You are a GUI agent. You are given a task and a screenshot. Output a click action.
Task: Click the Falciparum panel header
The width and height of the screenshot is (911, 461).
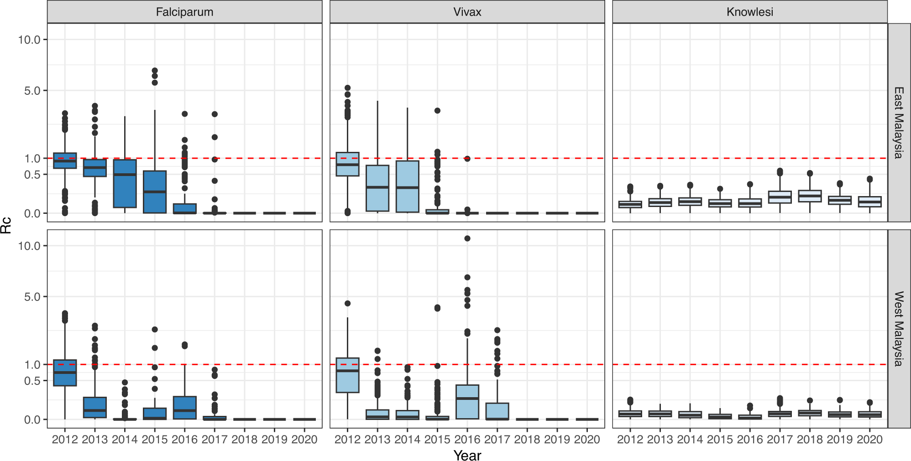[184, 12]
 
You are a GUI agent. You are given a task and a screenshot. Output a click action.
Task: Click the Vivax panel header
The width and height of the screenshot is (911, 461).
[467, 12]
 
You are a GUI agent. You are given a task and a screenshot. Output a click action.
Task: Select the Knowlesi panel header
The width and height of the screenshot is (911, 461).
[749, 12]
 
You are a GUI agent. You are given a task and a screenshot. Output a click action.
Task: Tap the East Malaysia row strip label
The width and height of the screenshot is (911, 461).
[899, 122]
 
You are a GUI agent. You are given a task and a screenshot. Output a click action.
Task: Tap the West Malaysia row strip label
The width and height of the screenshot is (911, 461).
[899, 328]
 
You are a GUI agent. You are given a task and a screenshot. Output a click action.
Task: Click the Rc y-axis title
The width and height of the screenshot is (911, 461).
[6, 225]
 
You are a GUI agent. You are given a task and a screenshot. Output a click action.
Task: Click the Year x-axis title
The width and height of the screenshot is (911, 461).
[467, 455]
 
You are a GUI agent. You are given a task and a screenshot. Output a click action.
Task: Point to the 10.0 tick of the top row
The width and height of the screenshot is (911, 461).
[29, 40]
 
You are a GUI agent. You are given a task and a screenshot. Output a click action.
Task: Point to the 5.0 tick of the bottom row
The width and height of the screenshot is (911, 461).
[32, 297]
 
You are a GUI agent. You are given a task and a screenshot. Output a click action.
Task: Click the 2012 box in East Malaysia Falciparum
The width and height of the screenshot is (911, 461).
[65, 161]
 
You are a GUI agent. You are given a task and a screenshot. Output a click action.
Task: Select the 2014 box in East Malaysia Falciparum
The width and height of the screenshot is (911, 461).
[125, 183]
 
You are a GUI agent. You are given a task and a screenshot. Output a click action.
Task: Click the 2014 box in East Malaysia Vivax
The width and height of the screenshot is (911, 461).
[407, 186]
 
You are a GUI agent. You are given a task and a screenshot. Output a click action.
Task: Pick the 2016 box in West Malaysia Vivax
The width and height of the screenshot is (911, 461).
[467, 402]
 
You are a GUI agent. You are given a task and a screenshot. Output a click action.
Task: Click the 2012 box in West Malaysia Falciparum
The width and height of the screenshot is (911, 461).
[65, 373]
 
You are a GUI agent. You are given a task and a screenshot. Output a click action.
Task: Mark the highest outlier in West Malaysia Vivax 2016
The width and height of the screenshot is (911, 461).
[467, 238]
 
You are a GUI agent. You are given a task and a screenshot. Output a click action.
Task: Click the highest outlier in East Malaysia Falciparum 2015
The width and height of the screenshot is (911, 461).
[155, 71]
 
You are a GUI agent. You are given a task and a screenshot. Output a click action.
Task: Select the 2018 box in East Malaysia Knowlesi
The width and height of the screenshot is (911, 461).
[810, 196]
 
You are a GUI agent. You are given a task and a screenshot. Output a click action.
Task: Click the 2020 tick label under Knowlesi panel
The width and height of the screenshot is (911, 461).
[869, 440]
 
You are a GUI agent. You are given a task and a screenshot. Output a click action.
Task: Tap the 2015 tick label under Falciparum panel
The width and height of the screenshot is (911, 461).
[155, 440]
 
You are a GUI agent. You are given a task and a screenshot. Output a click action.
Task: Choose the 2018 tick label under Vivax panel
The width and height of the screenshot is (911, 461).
[527, 440]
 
